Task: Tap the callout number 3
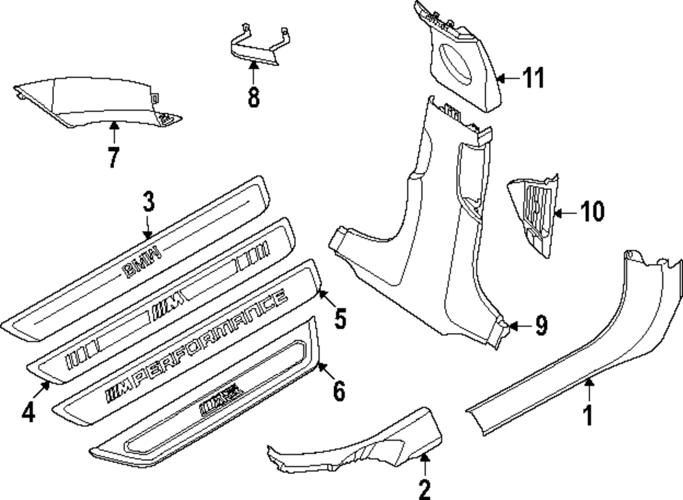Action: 148,202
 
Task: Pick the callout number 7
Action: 113,157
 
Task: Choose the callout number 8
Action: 253,96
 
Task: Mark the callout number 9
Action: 540,326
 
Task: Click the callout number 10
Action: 592,212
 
